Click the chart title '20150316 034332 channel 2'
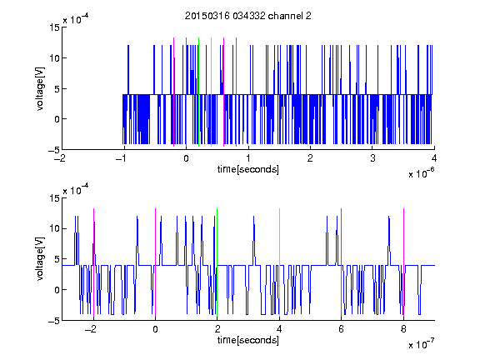(x=248, y=16)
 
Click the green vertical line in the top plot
(x=198, y=92)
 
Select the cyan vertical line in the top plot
(x=211, y=92)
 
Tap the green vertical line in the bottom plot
(x=217, y=262)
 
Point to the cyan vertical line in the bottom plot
(x=279, y=262)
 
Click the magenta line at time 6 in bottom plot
(x=342, y=262)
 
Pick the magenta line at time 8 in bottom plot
(x=404, y=262)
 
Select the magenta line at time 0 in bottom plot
(x=155, y=262)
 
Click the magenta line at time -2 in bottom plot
(x=93, y=262)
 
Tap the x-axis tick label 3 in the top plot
(x=372, y=158)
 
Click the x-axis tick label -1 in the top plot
(x=122, y=158)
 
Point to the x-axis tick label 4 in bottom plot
(x=279, y=329)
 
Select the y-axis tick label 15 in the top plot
(x=54, y=27)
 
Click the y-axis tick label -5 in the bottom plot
(x=53, y=321)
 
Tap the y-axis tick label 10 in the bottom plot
(x=54, y=228)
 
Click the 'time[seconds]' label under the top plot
(x=248, y=169)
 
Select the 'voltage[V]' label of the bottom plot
(x=40, y=259)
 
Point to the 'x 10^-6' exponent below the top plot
(x=421, y=172)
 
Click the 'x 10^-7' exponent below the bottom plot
(x=421, y=343)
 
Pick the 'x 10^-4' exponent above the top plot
(x=76, y=18)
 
